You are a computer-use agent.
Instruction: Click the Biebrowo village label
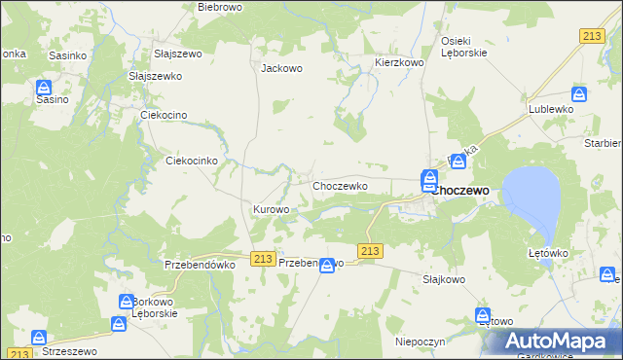click(219, 7)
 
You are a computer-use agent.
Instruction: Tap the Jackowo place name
click(282, 69)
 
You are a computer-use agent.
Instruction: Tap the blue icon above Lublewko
click(579, 94)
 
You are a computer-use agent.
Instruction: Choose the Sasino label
click(53, 99)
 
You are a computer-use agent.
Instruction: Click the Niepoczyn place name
click(421, 342)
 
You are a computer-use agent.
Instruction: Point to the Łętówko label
click(548, 253)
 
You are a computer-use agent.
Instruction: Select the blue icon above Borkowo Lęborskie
click(127, 303)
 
